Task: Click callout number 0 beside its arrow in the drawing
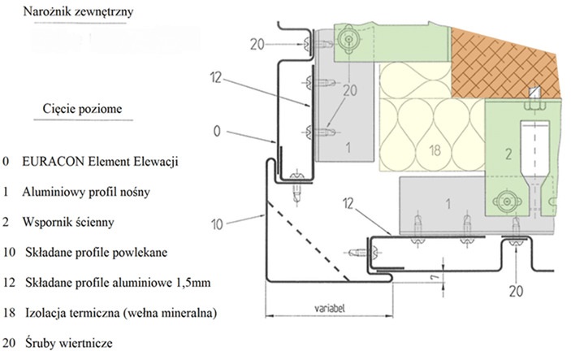(x=217, y=130)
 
